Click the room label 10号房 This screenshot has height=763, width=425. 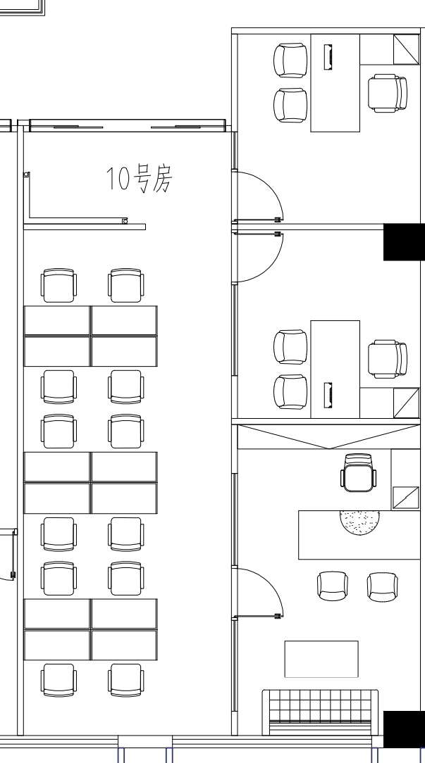140,179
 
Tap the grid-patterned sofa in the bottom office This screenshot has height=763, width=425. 320,712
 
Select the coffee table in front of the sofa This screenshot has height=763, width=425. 321,659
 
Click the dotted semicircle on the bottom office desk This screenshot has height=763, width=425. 359,522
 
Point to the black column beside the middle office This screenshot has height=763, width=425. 404,242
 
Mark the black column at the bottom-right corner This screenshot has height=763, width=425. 404,729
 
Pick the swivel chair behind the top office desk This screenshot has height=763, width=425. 388,93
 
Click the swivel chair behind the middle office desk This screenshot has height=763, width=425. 388,359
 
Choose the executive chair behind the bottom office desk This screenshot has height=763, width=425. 358,472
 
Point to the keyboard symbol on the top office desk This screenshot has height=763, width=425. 328,56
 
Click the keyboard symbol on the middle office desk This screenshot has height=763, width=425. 328,396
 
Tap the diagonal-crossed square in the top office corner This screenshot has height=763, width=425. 407,49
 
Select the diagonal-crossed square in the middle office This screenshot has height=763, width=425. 407,403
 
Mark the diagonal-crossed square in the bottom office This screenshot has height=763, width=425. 405,498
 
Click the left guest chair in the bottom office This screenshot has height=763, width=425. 333,586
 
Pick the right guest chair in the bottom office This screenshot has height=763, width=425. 383,587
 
